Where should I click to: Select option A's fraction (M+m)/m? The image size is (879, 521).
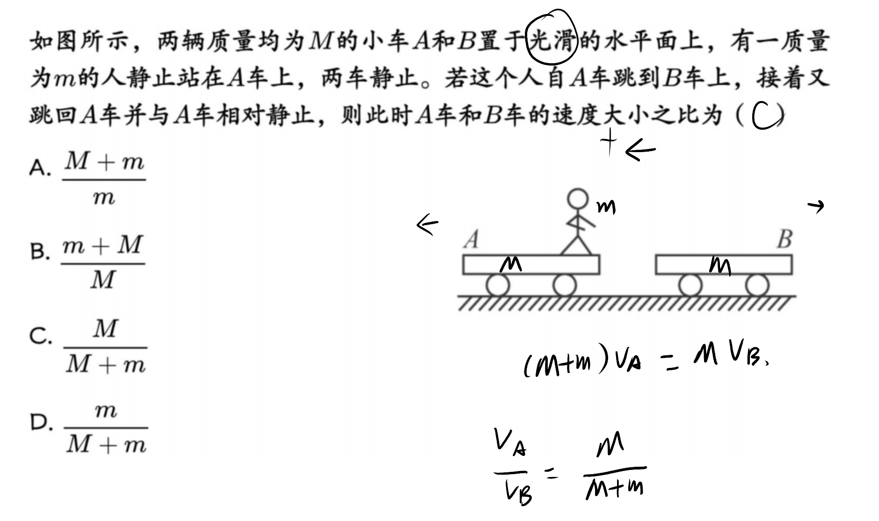click(x=104, y=179)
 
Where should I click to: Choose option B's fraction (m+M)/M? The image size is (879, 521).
click(x=102, y=263)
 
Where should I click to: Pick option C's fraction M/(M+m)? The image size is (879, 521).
click(x=105, y=347)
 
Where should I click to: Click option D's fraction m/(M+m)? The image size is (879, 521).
click(x=106, y=427)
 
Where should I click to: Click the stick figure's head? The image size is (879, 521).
click(x=578, y=199)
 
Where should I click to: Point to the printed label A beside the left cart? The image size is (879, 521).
click(x=472, y=240)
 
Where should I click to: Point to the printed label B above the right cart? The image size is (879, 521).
click(x=785, y=239)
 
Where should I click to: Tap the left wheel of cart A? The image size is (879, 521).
click(x=497, y=285)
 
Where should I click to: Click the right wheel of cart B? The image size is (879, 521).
click(x=757, y=285)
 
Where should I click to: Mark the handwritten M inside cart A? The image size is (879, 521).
click(x=510, y=265)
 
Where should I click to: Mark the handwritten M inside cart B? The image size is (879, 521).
click(x=720, y=265)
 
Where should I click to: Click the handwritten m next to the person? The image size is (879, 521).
click(x=606, y=207)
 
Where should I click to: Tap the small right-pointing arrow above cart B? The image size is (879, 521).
click(x=816, y=205)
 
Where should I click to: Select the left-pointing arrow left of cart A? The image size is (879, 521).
click(x=427, y=225)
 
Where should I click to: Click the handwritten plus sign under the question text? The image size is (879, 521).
click(x=609, y=142)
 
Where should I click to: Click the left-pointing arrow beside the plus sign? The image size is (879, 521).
click(x=640, y=150)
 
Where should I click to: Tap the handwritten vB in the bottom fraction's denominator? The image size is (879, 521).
click(x=519, y=494)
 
